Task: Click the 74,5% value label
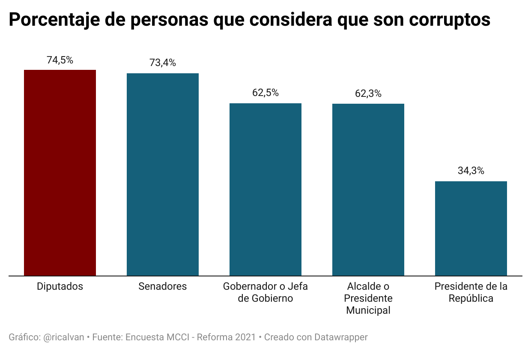point(60,60)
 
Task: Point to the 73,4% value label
point(163,63)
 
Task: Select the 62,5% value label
point(265,93)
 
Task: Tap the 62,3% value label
point(368,93)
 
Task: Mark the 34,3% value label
point(471,171)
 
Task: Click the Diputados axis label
point(60,287)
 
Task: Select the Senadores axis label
point(163,287)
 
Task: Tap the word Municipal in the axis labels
point(368,311)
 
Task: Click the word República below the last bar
point(471,299)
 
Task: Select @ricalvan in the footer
point(64,337)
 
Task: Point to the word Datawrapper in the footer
point(341,337)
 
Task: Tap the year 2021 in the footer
point(246,337)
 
